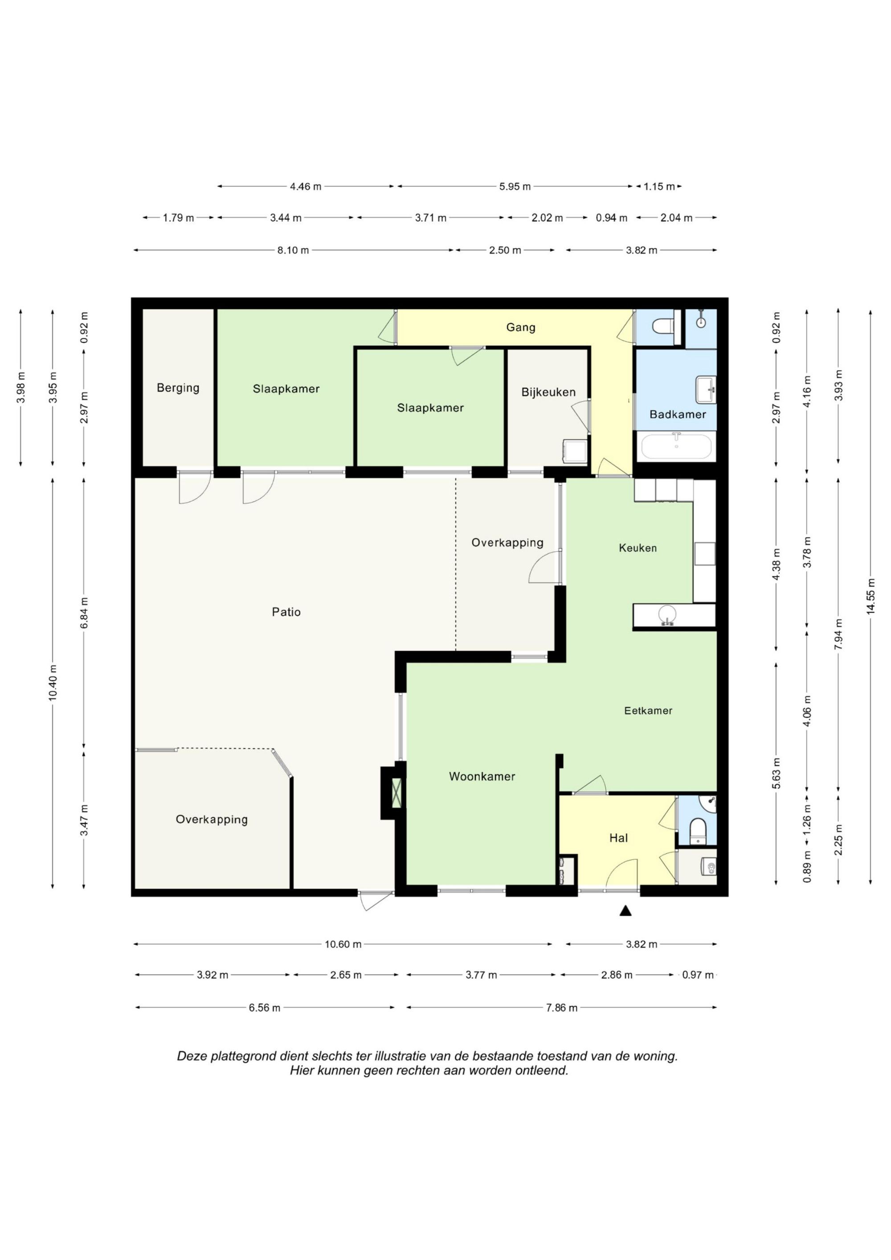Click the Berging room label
178,388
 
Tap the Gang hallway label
520,328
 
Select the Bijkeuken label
548,392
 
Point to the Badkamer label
678,414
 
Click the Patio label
286,612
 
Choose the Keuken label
638,548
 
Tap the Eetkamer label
648,711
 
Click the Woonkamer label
482,776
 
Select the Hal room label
618,838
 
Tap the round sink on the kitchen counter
667,614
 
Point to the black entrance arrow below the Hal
625,911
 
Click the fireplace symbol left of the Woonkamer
395,793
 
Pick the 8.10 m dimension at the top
293,250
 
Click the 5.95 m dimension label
515,187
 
